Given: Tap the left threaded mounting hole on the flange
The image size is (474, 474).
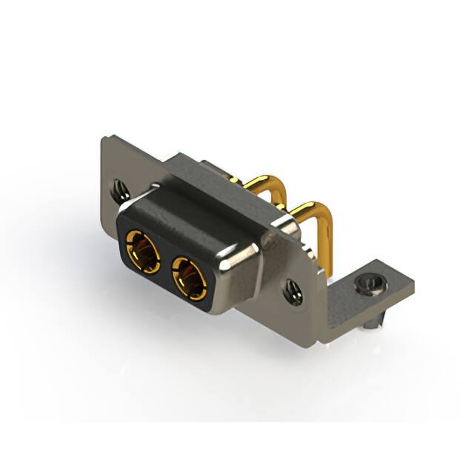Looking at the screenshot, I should click(118, 190).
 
